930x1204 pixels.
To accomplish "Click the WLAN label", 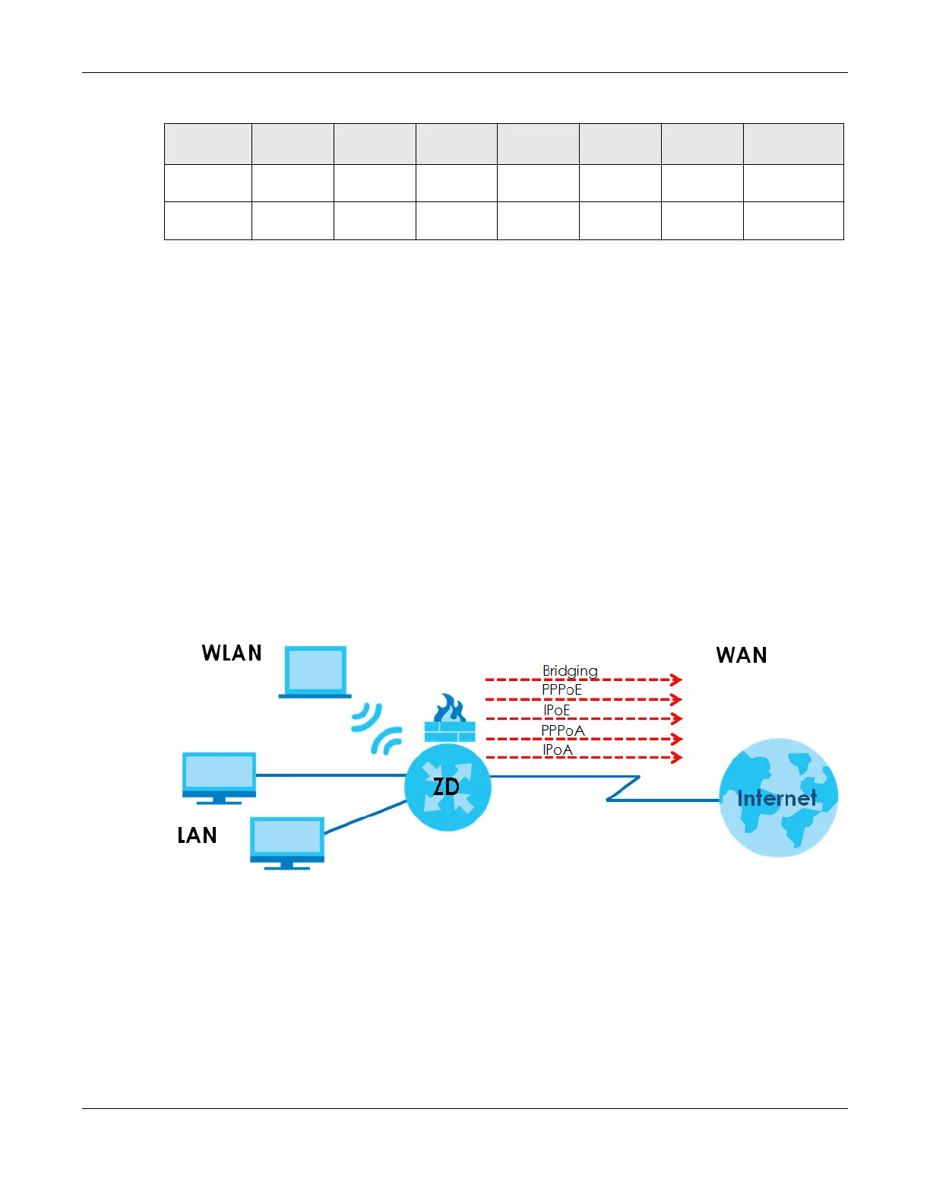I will coord(232,653).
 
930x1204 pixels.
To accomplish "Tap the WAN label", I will coord(741,655).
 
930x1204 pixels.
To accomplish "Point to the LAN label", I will coord(197,835).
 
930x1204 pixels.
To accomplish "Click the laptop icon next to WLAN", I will coord(315,672).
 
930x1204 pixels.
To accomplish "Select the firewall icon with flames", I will coord(449,718).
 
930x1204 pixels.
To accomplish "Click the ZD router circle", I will coord(448,787).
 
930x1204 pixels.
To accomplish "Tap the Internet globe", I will coord(778,797).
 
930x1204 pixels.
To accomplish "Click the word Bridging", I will coord(570,670).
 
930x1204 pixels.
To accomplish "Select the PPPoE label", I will coord(561,689).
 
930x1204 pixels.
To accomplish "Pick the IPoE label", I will coord(556,710).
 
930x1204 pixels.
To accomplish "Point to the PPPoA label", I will coord(563,730).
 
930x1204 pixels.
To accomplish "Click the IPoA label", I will coord(558,749).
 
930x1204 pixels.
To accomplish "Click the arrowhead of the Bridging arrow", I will coord(676,680).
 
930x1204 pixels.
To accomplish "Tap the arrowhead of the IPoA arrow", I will coord(676,757).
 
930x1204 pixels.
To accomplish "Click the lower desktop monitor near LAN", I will coord(287,842).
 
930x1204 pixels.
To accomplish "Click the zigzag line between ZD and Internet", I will coord(623,789).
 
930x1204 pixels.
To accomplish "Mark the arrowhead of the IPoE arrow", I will coord(676,718).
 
